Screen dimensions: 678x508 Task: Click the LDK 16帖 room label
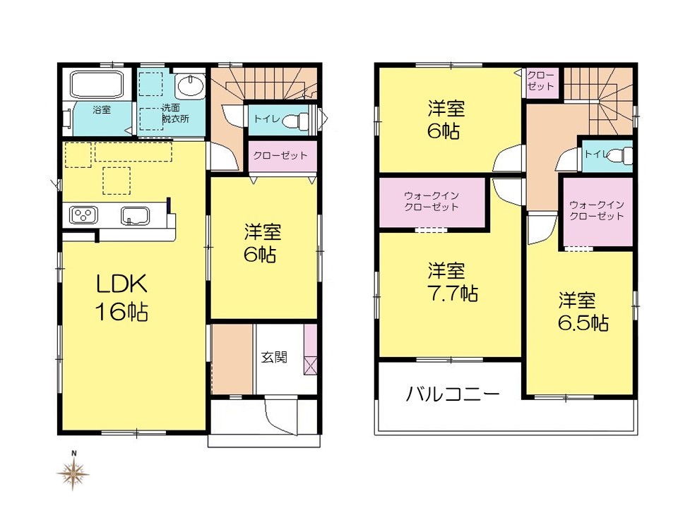point(121,298)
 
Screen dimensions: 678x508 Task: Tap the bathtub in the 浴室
point(97,84)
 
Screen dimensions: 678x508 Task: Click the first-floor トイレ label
point(266,119)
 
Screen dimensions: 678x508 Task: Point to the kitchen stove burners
point(83,215)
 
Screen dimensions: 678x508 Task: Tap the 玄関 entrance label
point(274,357)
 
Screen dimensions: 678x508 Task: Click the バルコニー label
point(453,394)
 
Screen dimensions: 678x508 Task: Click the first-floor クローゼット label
point(280,155)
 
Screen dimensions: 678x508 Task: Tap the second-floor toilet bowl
point(621,155)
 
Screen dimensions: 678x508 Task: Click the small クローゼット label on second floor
point(540,80)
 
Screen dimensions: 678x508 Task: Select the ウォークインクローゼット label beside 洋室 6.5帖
point(597,210)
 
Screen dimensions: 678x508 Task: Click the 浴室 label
point(102,110)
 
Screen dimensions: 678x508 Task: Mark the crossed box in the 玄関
point(310,365)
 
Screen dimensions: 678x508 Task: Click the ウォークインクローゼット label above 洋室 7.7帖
point(432,201)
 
